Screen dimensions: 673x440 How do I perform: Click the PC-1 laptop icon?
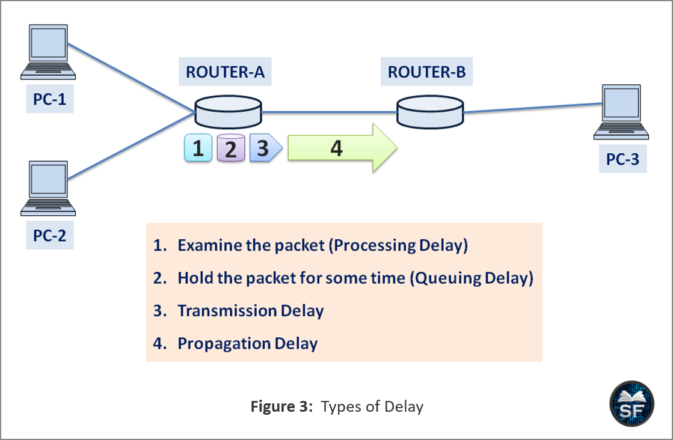(48, 52)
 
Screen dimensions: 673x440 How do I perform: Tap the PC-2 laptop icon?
(48, 188)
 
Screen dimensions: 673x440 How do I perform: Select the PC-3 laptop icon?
(621, 112)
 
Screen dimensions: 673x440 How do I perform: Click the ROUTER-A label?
(225, 72)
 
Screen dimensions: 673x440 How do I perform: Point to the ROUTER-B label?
(426, 72)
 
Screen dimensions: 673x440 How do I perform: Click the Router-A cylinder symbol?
(229, 112)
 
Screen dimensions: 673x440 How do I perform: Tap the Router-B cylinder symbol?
(430, 112)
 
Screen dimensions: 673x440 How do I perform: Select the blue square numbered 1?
(198, 148)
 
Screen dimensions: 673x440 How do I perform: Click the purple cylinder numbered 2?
(230, 148)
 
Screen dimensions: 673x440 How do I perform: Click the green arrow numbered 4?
(342, 148)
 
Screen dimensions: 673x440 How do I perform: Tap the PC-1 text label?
(50, 99)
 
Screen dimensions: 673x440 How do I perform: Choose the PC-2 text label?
(50, 236)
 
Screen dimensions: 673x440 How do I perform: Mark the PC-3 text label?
(623, 159)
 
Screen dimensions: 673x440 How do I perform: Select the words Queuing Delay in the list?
(472, 278)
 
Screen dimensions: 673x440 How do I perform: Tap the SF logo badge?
(632, 403)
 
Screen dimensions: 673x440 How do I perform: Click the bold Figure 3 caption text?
(281, 406)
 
